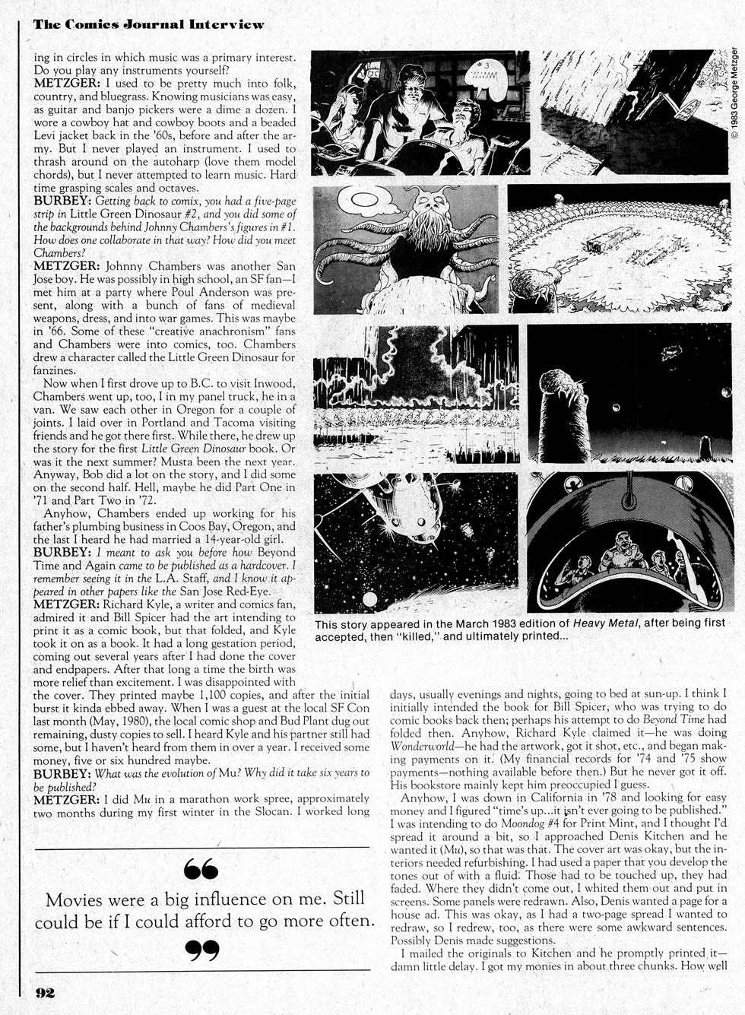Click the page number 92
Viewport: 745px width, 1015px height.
click(44, 993)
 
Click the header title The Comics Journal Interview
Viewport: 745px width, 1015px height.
click(148, 24)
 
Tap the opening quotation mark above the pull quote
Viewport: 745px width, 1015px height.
click(201, 868)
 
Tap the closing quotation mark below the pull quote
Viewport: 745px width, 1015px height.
click(202, 950)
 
